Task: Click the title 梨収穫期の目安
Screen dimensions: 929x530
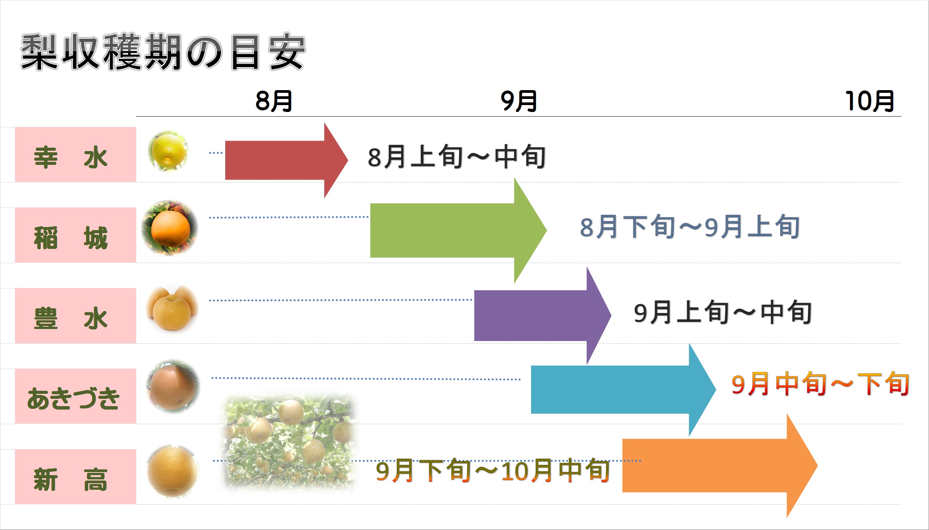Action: point(163,52)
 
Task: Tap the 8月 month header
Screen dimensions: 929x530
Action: point(274,101)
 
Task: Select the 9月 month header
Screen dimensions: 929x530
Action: point(519,101)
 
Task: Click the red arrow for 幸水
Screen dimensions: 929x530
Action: point(286,160)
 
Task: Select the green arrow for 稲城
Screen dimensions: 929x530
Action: point(458,230)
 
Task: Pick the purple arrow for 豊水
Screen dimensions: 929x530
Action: point(543,316)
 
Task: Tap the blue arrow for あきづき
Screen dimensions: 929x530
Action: point(623,390)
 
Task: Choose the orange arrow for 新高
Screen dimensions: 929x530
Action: point(720,466)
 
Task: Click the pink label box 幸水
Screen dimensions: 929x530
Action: point(76,155)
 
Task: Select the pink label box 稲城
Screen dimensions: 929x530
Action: point(76,235)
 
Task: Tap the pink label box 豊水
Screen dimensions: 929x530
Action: point(76,316)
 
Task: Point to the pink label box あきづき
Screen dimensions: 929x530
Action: point(76,396)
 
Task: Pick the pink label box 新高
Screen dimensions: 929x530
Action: point(76,477)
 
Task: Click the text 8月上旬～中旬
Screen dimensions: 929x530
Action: point(457,157)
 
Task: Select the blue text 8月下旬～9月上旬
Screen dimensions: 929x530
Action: point(690,227)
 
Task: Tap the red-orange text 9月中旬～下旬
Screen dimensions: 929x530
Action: point(820,384)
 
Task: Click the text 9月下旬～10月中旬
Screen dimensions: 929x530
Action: point(493,471)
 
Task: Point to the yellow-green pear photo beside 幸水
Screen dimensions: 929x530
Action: point(168,151)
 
